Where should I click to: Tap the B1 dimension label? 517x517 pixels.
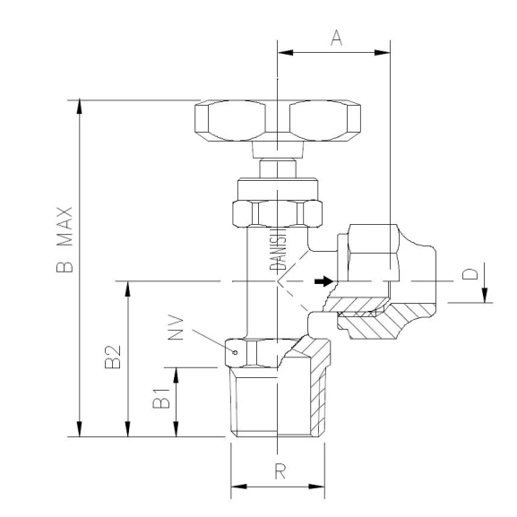point(161,401)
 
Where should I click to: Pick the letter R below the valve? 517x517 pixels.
point(280,473)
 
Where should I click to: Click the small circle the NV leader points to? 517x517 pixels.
point(235,353)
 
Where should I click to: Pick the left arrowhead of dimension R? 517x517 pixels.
point(237,488)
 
